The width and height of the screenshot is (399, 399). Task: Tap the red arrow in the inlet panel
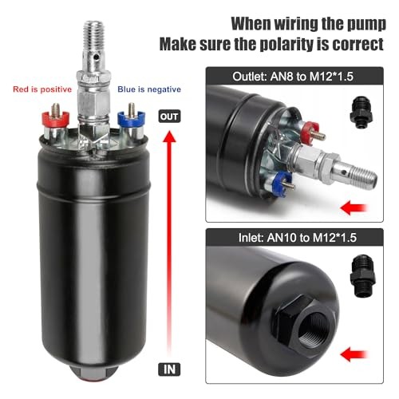tap(364, 369)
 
